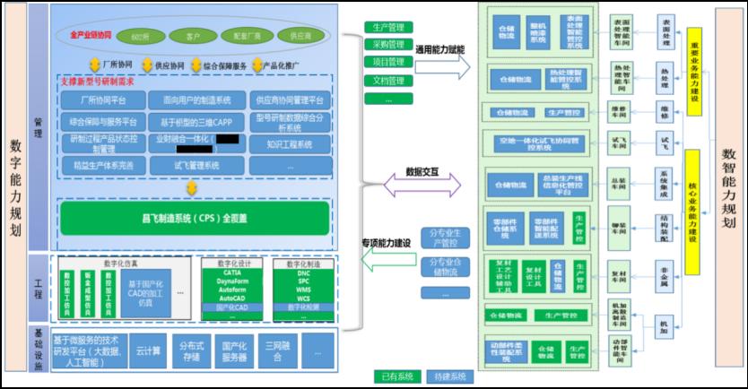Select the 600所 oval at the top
(x=140, y=37)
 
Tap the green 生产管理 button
(x=388, y=27)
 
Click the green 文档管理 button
(x=388, y=81)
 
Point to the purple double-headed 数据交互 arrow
(x=422, y=186)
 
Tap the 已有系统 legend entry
(x=396, y=377)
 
